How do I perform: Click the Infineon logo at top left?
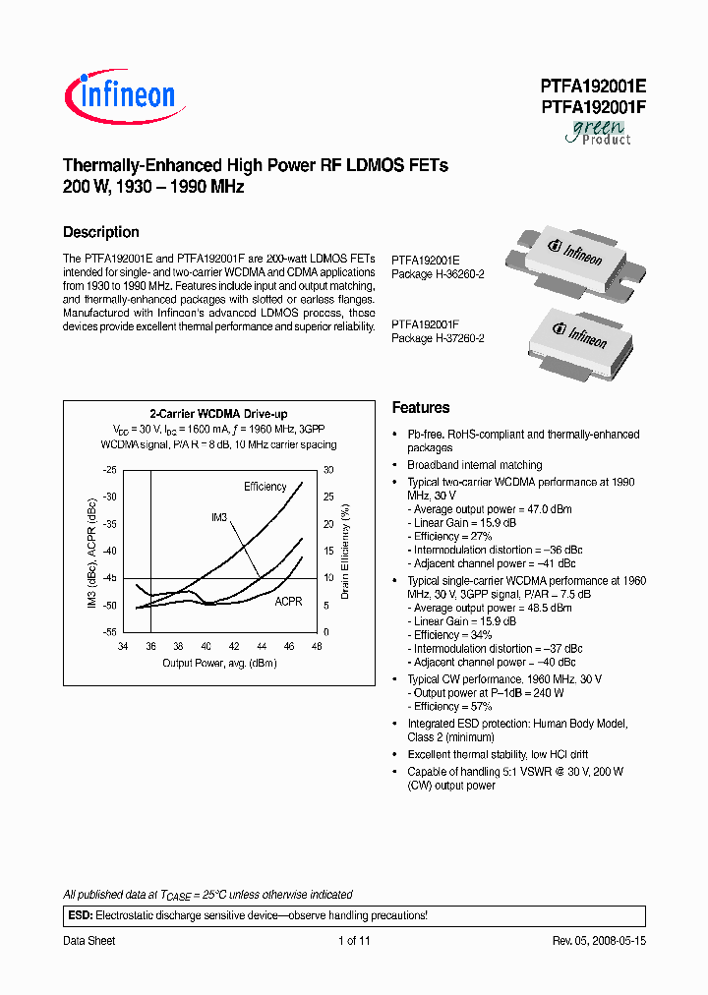120,96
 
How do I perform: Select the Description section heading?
101,232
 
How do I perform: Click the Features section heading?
421,407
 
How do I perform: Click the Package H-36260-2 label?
439,274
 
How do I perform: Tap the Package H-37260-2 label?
439,337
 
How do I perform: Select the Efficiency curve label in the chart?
265,487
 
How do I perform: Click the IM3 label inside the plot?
219,517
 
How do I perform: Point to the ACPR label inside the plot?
288,601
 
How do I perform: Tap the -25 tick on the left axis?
109,470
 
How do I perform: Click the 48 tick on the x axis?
317,646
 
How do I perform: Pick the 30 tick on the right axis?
329,470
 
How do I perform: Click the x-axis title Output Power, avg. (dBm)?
219,664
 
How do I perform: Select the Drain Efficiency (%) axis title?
346,551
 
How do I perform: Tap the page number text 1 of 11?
354,941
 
